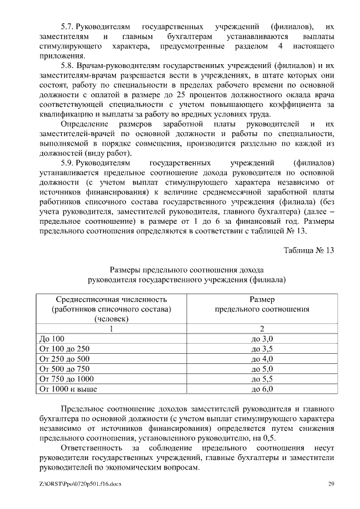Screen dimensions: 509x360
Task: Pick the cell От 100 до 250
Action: (x=64, y=349)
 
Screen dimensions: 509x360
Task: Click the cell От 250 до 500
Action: (x=64, y=359)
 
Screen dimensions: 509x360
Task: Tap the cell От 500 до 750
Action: (x=64, y=369)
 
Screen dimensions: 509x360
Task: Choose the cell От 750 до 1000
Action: (x=66, y=379)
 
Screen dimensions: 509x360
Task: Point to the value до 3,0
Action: (x=262, y=339)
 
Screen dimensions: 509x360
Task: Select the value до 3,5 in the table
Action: (x=262, y=349)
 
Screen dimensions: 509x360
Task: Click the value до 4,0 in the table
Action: (x=262, y=359)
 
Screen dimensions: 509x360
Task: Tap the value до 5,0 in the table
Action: (x=262, y=369)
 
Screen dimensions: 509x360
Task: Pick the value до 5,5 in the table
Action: (x=262, y=379)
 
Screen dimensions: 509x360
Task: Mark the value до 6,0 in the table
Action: (x=262, y=389)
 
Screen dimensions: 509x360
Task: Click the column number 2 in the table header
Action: (x=262, y=328)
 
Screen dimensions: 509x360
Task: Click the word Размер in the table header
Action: (x=262, y=299)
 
